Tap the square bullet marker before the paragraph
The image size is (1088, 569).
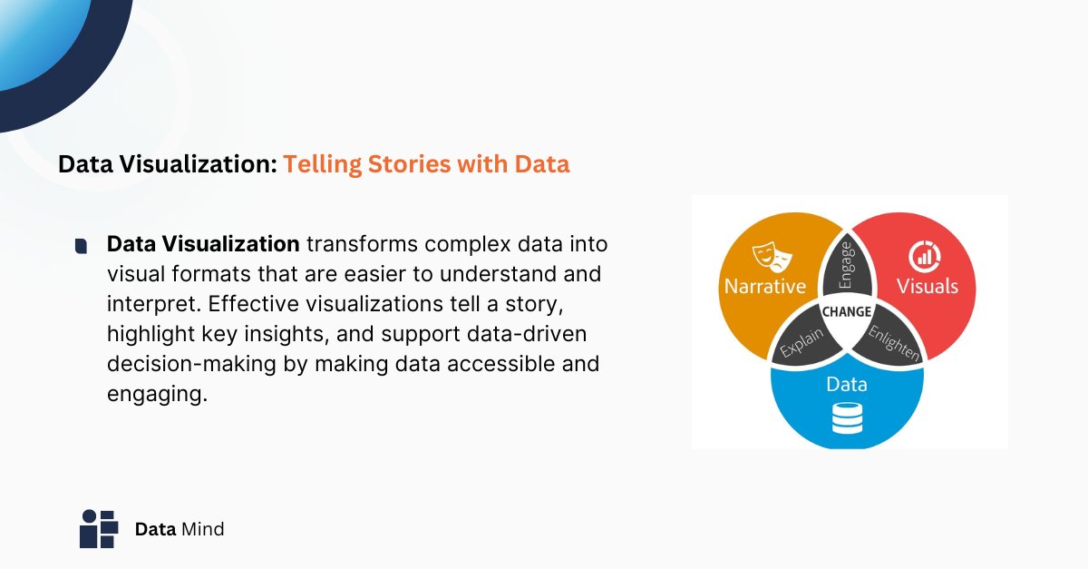(82, 246)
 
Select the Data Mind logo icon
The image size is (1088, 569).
(99, 528)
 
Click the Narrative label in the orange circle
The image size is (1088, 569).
(764, 287)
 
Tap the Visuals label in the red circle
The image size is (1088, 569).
(927, 287)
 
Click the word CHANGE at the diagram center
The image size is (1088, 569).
(846, 311)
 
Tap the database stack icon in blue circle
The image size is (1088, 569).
(846, 418)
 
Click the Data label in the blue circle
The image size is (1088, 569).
(846, 385)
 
